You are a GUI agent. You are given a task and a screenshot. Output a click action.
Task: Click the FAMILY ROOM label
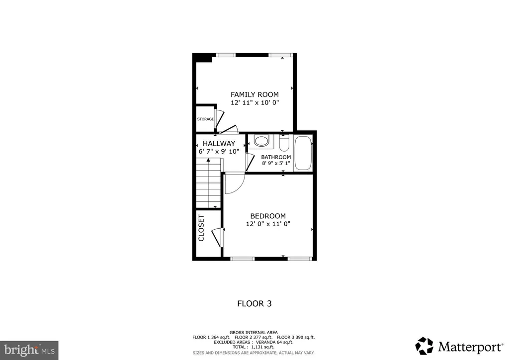[254, 94]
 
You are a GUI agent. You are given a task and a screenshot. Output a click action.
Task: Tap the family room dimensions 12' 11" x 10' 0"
[255, 102]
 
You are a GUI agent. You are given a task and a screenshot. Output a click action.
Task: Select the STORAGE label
[205, 119]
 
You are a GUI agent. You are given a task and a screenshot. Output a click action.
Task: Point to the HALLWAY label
[219, 143]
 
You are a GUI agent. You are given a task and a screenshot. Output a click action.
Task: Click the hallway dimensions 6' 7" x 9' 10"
[219, 151]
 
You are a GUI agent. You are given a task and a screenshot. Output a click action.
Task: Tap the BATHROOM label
[276, 157]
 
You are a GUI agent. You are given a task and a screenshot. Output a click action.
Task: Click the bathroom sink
[261, 141]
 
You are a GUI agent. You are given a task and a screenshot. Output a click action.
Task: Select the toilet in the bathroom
[284, 143]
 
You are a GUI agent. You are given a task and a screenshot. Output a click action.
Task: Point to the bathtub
[303, 153]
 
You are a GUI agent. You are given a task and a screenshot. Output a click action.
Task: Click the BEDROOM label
[268, 216]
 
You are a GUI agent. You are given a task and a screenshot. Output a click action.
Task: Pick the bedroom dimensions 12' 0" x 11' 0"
[268, 224]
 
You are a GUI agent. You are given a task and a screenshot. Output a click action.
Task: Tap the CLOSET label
[201, 228]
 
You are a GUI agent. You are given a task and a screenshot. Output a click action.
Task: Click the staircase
[208, 183]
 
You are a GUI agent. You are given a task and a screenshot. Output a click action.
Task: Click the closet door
[216, 237]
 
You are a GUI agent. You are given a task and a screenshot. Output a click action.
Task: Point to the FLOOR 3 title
[254, 303]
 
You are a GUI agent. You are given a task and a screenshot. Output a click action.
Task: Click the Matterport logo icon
[424, 346]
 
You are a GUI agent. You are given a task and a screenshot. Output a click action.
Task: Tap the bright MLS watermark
[29, 350]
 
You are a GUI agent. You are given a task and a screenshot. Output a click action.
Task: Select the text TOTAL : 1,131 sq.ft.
[254, 347]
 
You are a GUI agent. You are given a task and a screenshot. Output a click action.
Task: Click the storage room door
[219, 119]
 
